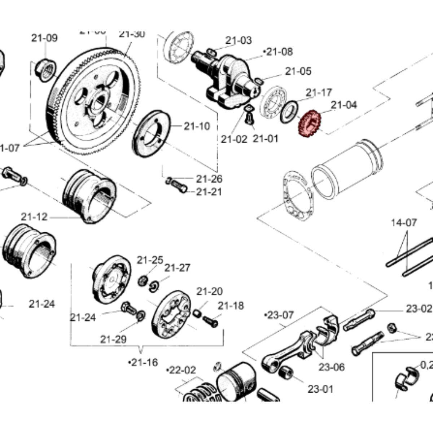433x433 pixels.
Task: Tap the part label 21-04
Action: pos(344,105)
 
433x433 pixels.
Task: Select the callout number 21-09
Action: pos(44,38)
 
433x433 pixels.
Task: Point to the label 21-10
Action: pos(196,126)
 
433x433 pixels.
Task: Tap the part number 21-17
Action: pos(319,93)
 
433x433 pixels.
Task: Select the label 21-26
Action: pos(209,179)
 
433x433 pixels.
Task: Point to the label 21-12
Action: pos(34,217)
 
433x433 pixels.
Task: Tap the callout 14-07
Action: pos(403,223)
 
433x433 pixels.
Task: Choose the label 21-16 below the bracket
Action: pos(143,362)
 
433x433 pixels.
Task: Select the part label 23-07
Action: pos(279,315)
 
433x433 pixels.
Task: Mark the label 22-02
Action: pos(181,370)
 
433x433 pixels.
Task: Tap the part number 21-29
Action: pos(113,339)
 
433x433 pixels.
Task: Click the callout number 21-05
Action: pos(298,71)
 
